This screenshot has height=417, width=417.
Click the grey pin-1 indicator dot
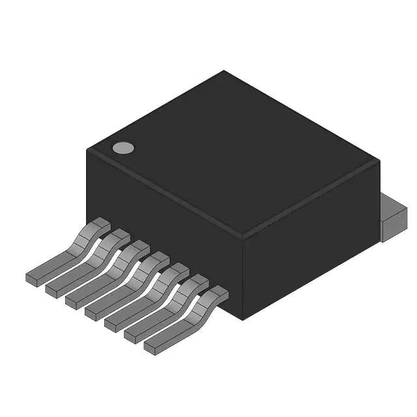[122, 148]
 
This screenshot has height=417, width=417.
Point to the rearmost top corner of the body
[224, 72]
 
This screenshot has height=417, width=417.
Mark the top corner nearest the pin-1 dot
[88, 151]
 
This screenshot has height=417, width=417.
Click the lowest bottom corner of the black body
[243, 319]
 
